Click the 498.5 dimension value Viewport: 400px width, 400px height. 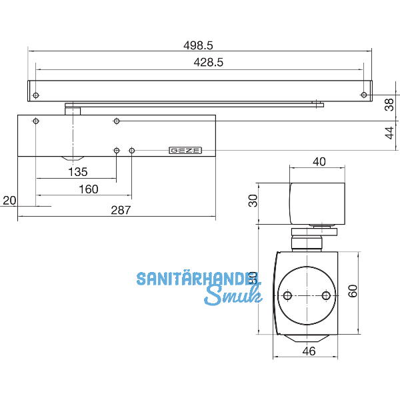198,45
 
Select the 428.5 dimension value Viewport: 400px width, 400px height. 198,61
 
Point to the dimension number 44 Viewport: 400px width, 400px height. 389,134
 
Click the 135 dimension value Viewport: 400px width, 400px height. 78,172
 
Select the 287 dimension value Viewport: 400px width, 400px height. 120,209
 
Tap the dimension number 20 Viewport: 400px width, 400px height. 9,200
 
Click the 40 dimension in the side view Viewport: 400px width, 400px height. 319,161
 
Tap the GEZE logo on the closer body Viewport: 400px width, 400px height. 185,151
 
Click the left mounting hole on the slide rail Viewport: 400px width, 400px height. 37,95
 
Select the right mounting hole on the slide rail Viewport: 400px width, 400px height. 363,95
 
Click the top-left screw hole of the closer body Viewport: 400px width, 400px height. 37,121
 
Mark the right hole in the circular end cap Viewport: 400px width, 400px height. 325,295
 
